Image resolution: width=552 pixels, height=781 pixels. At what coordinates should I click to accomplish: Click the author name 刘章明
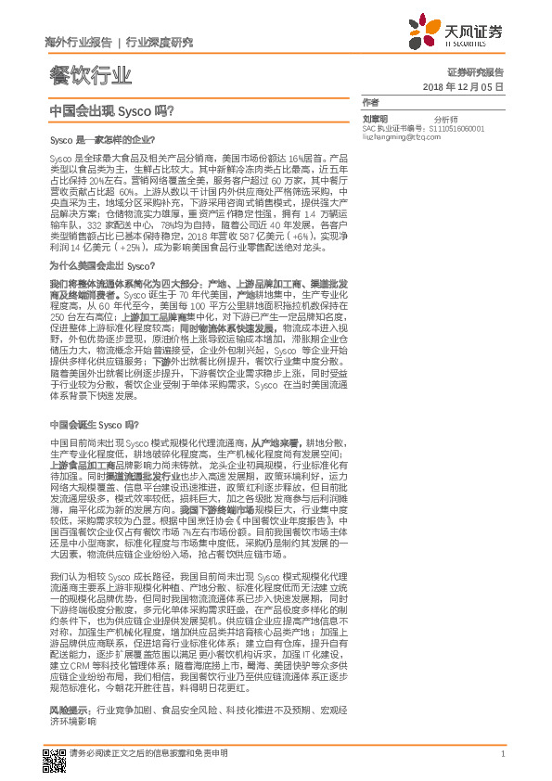(375, 120)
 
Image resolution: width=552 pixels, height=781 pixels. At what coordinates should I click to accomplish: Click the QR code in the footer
(55, 754)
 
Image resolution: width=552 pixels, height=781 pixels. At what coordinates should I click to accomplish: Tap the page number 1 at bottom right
(502, 754)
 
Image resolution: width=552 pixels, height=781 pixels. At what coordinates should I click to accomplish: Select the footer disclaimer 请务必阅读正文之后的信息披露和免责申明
(148, 754)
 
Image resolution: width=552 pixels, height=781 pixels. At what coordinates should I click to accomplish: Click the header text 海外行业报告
(78, 42)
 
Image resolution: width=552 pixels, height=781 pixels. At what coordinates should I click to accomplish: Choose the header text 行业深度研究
(159, 42)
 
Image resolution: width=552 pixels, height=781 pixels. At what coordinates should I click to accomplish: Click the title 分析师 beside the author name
(446, 120)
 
